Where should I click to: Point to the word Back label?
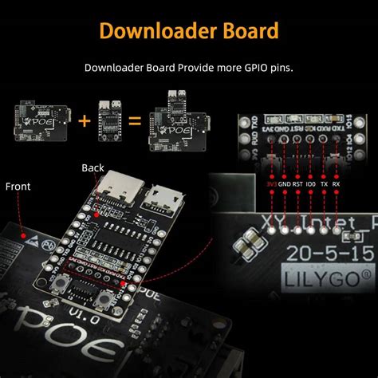tap(93, 168)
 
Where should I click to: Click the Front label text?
tap(18, 186)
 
